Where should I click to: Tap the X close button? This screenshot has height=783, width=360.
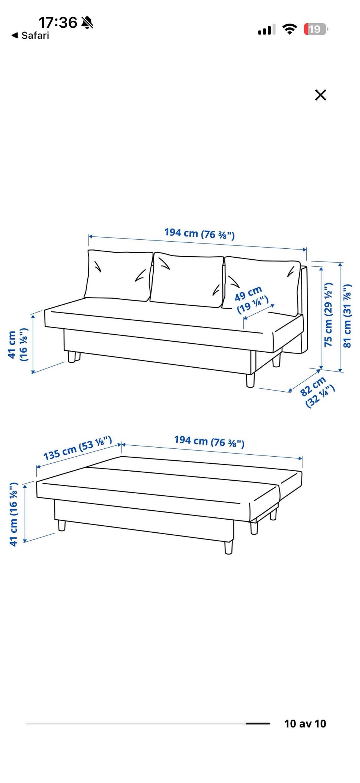(x=321, y=95)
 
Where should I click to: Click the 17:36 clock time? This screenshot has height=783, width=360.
(x=58, y=23)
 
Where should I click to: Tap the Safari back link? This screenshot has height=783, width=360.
(x=30, y=36)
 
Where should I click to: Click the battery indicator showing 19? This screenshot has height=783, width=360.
(x=316, y=29)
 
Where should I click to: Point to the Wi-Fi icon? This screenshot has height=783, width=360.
(x=289, y=29)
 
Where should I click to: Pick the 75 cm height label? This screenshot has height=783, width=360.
(x=328, y=314)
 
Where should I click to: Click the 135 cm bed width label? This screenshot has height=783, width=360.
(x=78, y=448)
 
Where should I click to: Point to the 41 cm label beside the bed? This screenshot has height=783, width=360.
(x=13, y=514)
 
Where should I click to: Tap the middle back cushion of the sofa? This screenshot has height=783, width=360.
(x=187, y=280)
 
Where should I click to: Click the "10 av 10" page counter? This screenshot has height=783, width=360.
(x=305, y=724)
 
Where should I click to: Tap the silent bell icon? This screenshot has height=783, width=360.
(x=87, y=23)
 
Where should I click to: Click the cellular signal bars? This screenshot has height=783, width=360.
(x=267, y=29)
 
